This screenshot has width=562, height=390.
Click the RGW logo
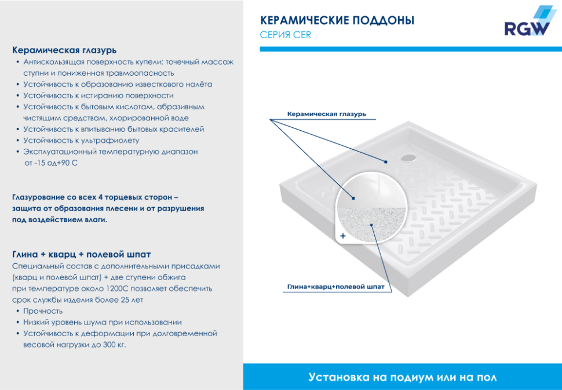pos(525,24)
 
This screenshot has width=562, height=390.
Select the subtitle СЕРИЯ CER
pos(286,35)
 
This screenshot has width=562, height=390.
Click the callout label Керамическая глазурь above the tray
pos(327,114)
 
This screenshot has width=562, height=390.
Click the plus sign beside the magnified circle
pos(343,236)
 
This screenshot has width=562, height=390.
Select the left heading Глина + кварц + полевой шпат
pos(82,254)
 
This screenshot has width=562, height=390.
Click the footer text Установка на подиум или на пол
pos(403,377)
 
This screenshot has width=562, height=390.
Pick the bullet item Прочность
pos(43,311)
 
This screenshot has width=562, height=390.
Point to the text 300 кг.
pos(114,345)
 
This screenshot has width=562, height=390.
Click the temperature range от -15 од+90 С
pos(51,163)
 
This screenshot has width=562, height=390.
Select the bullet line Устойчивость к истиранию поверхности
pos(98,95)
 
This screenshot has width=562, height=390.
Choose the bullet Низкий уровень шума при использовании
pos(103,322)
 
